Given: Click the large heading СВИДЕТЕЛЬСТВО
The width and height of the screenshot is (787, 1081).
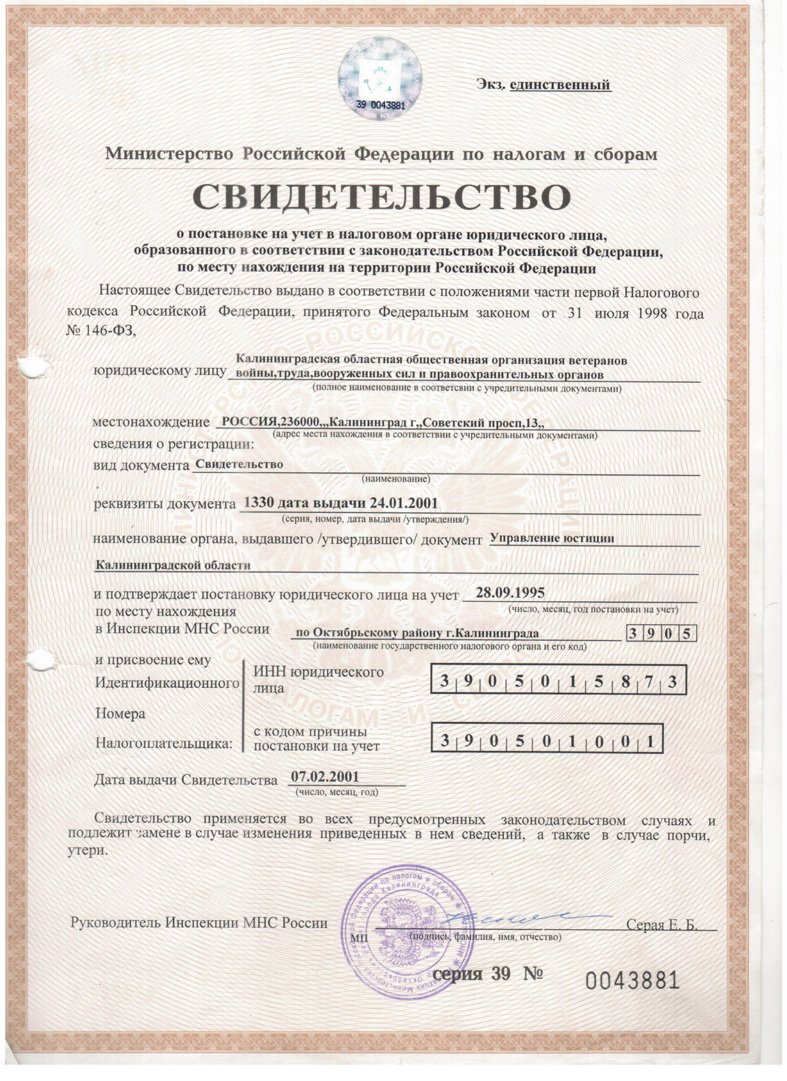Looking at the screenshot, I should (x=381, y=197).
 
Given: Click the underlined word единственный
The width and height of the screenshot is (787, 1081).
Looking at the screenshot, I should (x=559, y=85).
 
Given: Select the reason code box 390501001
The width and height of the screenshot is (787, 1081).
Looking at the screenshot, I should (x=547, y=741).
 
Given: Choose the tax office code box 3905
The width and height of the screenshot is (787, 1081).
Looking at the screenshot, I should (x=661, y=634).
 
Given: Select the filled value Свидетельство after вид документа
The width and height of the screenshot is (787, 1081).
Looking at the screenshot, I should (x=239, y=464).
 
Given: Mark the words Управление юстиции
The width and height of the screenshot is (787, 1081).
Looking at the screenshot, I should (x=552, y=537).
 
